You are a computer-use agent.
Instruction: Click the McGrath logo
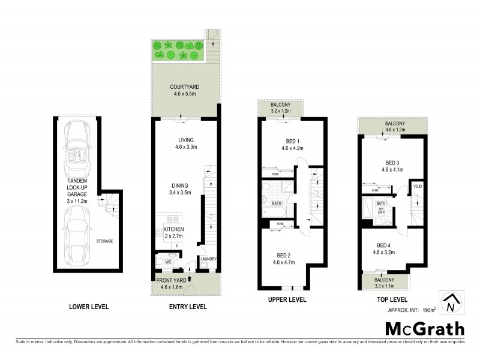(424, 329)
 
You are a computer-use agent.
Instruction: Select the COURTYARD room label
(184, 88)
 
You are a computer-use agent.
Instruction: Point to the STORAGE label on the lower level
(104, 241)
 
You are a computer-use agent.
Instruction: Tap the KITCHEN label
(173, 229)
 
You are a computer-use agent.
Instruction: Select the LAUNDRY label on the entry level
(208, 259)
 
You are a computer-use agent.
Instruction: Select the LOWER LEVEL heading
(88, 307)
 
